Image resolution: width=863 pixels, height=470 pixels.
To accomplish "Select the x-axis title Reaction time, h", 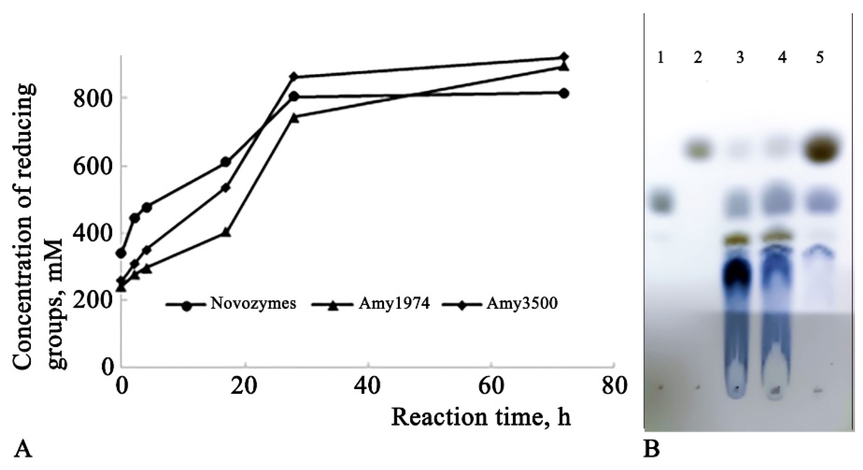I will pos(481,417).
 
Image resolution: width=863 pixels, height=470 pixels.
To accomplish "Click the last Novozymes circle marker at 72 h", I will pos(564,94).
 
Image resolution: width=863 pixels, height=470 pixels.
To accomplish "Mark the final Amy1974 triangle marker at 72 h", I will pos(564,67).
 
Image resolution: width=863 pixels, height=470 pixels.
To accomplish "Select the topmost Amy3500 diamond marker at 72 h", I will pos(564,57).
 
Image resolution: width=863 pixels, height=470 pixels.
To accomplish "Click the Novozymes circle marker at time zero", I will pos(121,253).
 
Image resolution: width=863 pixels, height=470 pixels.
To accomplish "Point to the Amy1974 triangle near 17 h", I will pos(226,232).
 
